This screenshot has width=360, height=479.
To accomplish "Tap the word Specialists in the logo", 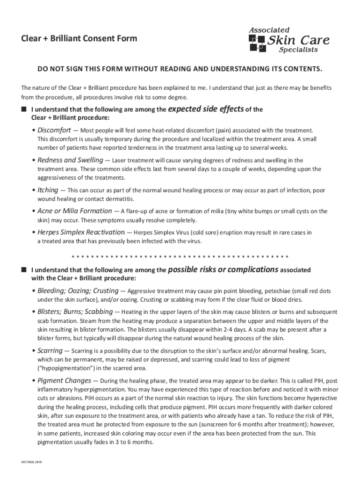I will [x=298, y=50].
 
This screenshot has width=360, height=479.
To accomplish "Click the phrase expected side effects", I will [x=205, y=109].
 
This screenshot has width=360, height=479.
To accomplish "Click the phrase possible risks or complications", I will [x=223, y=269].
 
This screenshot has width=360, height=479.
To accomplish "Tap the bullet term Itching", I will [x=48, y=190].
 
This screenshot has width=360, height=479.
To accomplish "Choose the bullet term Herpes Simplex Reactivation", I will [x=81, y=232].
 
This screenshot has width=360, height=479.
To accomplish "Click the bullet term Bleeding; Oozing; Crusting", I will [x=78, y=290].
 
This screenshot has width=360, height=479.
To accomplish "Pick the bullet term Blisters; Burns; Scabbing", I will [x=75, y=312].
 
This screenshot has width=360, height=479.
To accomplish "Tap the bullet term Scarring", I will [x=50, y=350].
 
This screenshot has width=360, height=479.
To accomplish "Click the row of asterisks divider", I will [x=180, y=257].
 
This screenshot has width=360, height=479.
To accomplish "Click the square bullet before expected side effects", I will [x=23, y=110].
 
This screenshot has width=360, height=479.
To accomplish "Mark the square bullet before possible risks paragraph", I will [x=23, y=270].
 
